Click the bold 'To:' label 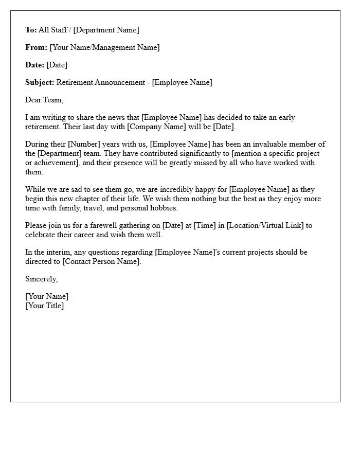[x=31, y=30]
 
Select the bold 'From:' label [x=36, y=47]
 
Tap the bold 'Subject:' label [x=40, y=82]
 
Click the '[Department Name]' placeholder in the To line [x=106, y=30]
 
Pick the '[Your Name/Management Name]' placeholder [x=104, y=47]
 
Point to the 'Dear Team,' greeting [x=44, y=100]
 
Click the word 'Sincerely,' [x=42, y=279]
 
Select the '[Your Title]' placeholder [x=45, y=306]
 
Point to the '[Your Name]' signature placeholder [x=47, y=296]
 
